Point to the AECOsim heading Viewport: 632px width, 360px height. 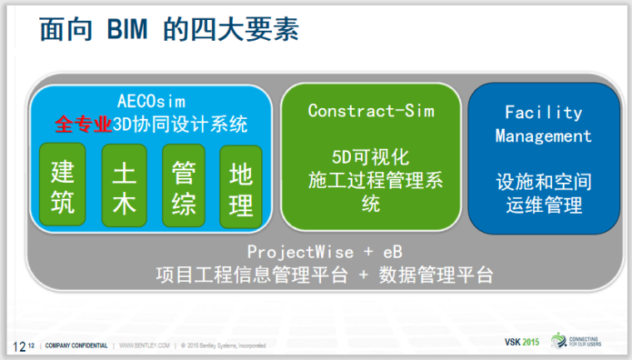click(151, 101)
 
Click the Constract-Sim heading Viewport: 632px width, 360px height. click(371, 110)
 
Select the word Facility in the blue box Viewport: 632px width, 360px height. click(543, 112)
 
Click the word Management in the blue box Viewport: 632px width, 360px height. click(543, 136)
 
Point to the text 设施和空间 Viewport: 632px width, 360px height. click(543, 180)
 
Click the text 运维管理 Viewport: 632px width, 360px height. click(543, 205)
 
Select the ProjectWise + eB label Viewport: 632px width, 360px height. click(324, 251)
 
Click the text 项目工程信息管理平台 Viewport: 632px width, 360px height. click(250, 275)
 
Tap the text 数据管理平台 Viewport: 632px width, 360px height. click(435, 275)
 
